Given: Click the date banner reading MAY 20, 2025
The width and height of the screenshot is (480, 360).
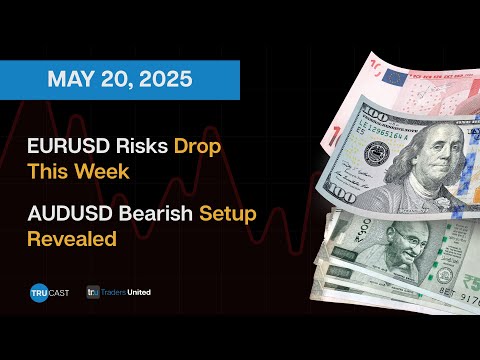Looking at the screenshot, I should point(119,80).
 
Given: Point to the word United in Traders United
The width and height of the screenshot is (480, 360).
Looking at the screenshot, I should point(139,292).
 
